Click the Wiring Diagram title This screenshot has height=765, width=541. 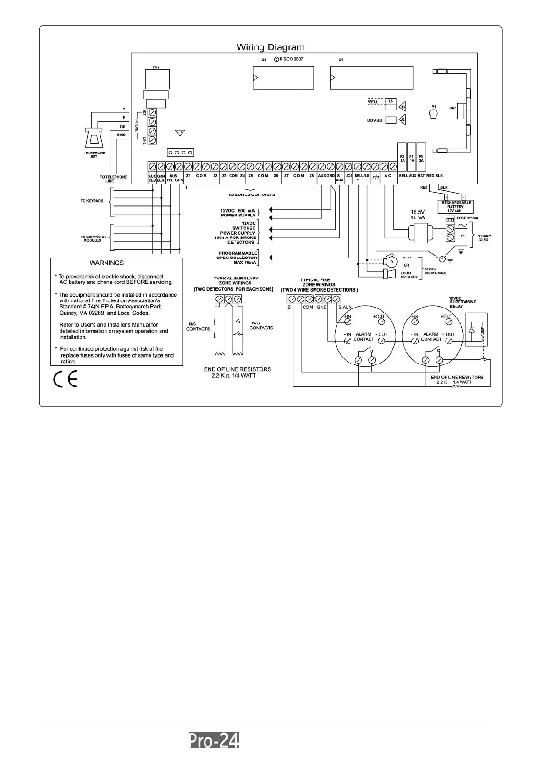270,47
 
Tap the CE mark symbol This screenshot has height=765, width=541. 65,379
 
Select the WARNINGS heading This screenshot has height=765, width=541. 106,263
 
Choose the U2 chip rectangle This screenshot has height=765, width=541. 283,78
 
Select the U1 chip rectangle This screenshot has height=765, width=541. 371,78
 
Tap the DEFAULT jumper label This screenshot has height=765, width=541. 375,120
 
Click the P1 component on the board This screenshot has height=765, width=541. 434,113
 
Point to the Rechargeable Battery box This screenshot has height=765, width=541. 456,207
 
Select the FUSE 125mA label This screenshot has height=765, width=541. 467,219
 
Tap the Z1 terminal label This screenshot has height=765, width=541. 188,176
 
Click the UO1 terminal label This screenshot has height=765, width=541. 349,176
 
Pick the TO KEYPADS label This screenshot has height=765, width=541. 92,201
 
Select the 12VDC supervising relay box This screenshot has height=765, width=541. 476,329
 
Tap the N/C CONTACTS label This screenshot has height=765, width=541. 198,326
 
